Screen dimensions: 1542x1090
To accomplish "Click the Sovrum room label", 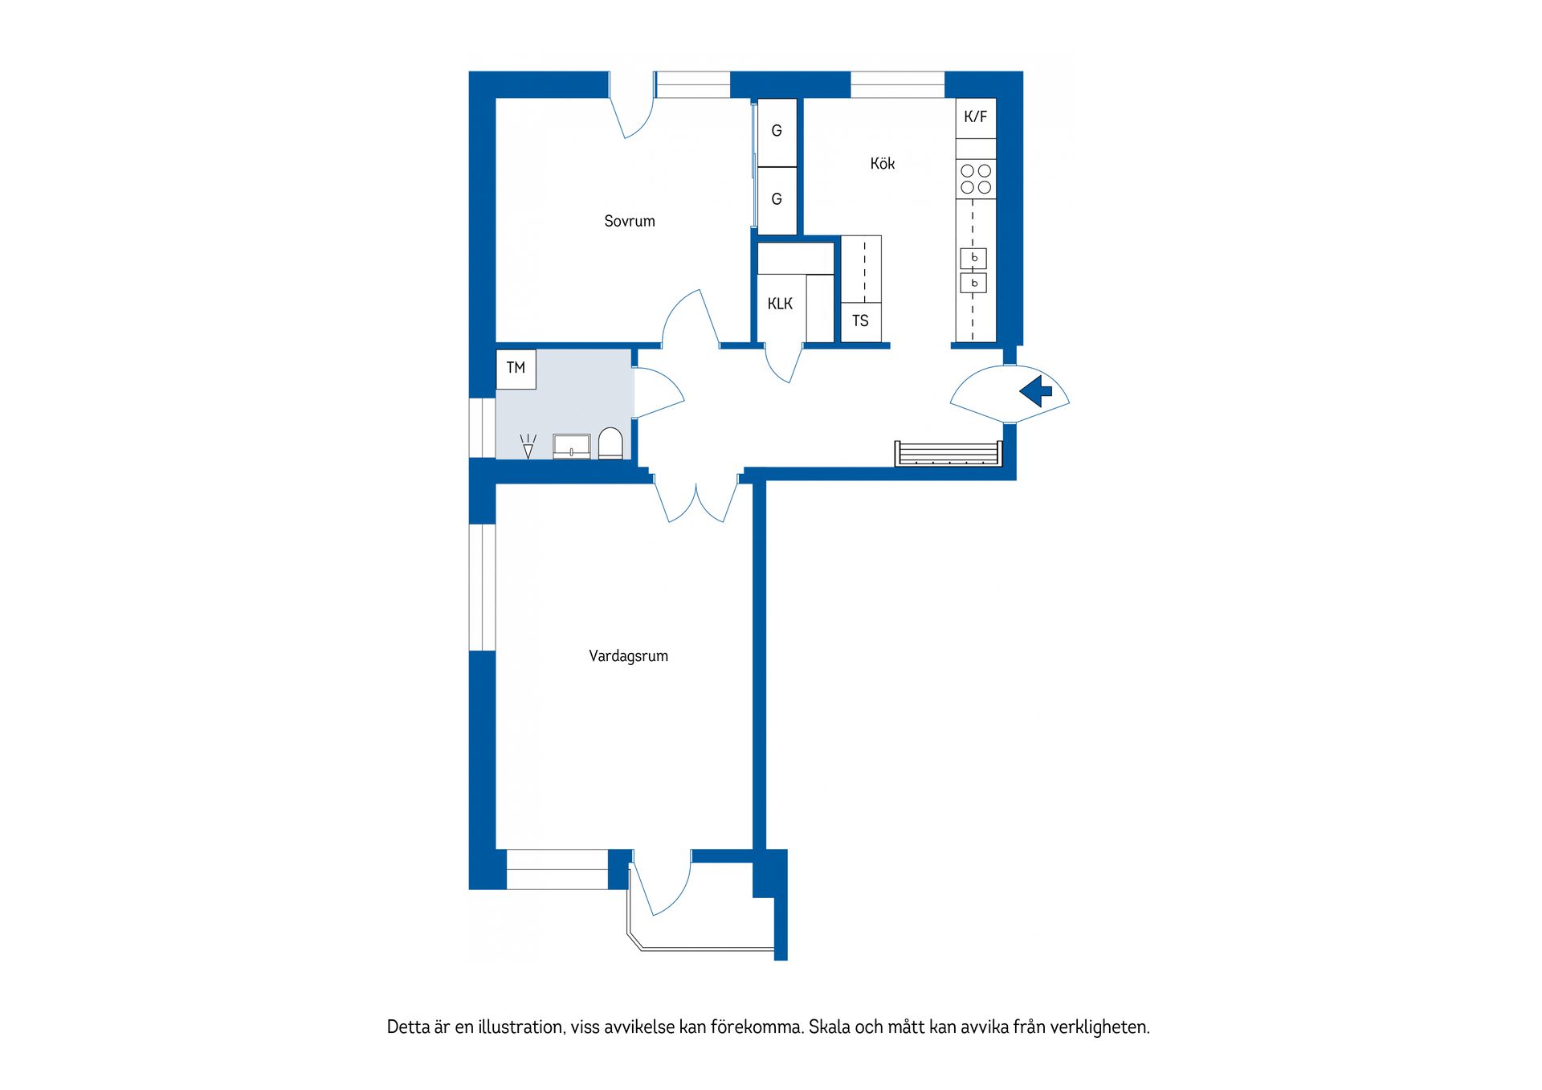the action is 630,221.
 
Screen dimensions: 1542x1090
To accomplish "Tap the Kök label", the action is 882,163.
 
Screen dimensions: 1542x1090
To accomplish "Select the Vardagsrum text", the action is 628,655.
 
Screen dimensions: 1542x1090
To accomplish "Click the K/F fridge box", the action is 976,117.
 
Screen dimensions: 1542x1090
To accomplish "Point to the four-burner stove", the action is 976,179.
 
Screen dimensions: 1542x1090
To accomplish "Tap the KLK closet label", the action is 780,304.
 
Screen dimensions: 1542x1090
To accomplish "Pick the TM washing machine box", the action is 516,369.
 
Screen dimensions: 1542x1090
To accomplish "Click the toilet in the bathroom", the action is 610,443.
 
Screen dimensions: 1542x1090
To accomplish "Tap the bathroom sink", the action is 572,447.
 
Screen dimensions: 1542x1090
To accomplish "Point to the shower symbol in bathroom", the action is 528,447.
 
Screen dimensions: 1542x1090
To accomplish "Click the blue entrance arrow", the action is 1036,391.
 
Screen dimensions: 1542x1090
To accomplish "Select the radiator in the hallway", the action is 949,453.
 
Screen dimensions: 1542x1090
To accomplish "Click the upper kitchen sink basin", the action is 973,258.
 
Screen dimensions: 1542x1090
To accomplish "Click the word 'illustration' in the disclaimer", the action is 519,1027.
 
